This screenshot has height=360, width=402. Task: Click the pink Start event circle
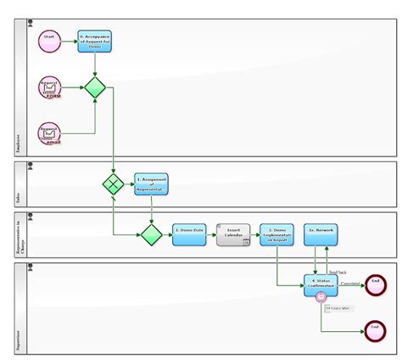tap(49, 41)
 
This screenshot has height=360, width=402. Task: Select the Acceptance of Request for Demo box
tap(94, 41)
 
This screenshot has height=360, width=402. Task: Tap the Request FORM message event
tap(49, 87)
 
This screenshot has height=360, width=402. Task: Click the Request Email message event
tap(49, 133)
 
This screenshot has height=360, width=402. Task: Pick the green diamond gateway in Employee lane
tap(94, 87)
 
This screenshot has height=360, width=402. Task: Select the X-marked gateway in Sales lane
tap(113, 184)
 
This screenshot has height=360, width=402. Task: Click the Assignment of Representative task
tap(151, 184)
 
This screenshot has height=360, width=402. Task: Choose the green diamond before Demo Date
tap(151, 233)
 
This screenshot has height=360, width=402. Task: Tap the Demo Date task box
tap(189, 234)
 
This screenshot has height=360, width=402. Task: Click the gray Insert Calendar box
tap(232, 234)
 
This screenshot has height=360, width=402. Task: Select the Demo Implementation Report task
tap(277, 234)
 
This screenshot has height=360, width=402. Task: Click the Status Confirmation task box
tap(321, 284)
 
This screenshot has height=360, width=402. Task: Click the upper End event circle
tap(375, 284)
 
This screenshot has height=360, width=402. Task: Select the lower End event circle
tap(375, 331)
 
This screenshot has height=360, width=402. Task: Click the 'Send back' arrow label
tap(337, 272)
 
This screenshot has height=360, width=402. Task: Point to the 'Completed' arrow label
tap(350, 282)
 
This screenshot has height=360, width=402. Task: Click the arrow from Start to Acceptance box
tap(69, 41)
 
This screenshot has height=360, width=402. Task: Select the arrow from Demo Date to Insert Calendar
tap(210, 234)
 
